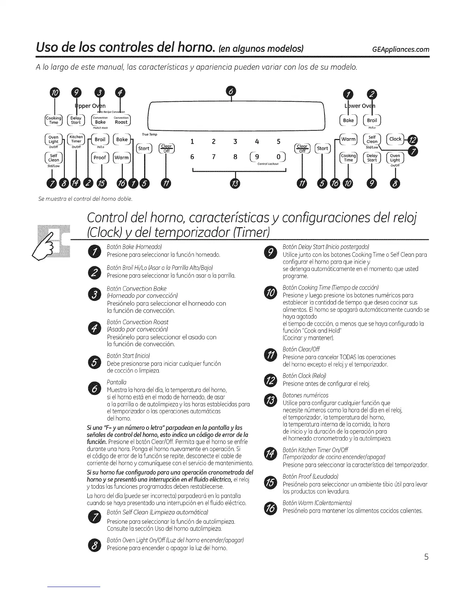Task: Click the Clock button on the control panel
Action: click(x=395, y=139)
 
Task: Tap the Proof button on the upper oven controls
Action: click(x=99, y=157)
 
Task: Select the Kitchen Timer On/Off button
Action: click(x=76, y=139)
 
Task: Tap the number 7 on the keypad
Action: click(x=214, y=157)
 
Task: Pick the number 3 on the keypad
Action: click(x=235, y=142)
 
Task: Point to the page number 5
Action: click(x=426, y=557)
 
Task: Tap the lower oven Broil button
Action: click(x=372, y=120)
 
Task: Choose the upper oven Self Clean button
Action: click(x=54, y=158)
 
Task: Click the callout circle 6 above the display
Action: click(x=231, y=91)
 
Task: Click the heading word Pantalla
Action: click(x=117, y=382)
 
